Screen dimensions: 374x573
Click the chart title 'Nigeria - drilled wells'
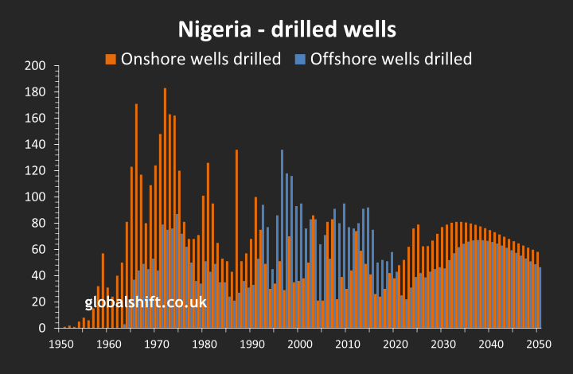pos(286,31)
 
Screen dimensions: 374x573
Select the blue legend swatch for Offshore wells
pos(299,58)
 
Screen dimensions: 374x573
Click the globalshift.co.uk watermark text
pos(146,302)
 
